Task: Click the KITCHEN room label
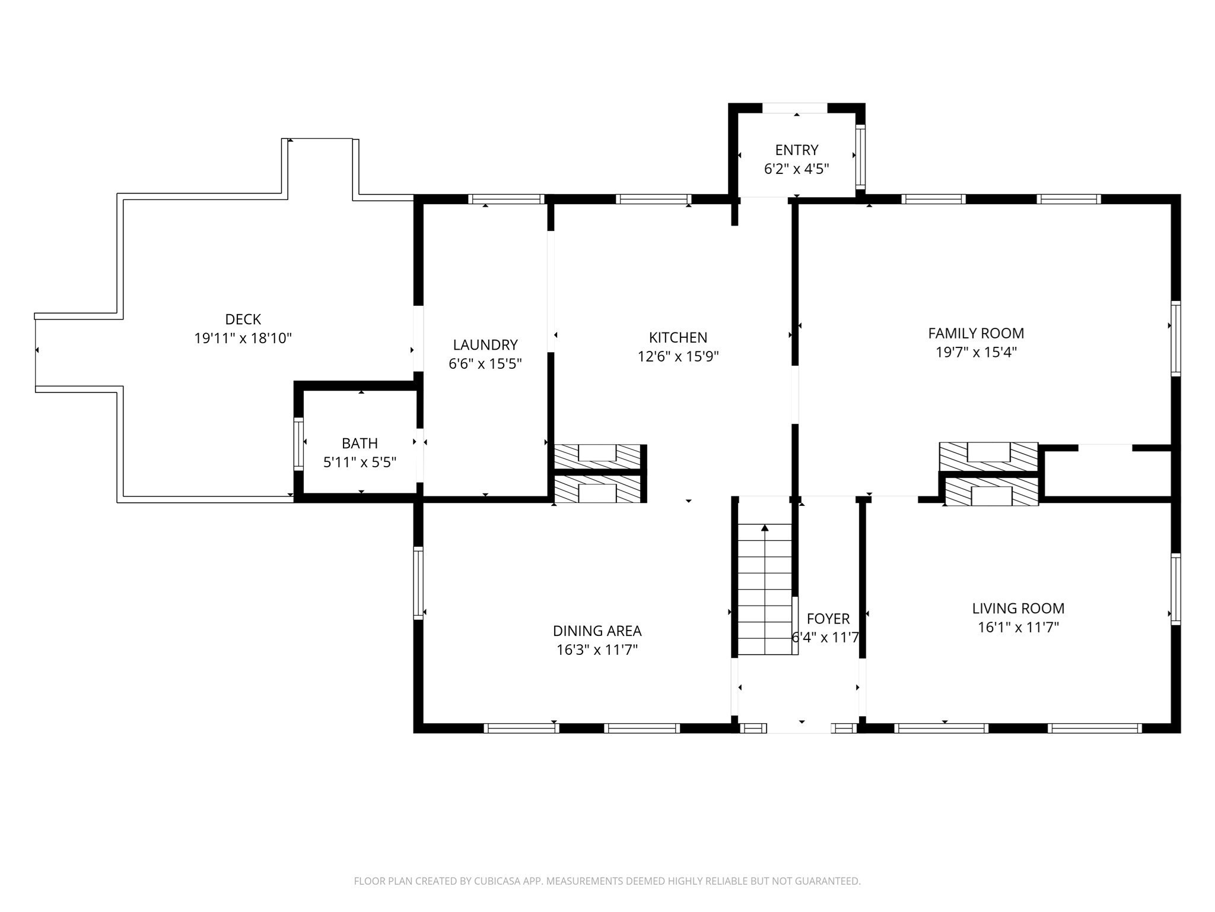pos(678,337)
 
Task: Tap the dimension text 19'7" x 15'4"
pos(976,352)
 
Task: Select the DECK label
pos(243,319)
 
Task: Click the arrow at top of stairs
pos(765,528)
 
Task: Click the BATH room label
pos(360,443)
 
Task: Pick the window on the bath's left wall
pos(298,444)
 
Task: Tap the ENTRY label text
pos(796,150)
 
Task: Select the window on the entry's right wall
pos(860,157)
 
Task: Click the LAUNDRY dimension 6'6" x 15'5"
pos(485,363)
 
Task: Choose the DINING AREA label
pos(597,631)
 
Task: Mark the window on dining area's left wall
pos(418,582)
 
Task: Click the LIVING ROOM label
pos(1018,608)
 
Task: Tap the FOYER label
pos(828,619)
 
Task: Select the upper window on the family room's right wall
pos(1175,338)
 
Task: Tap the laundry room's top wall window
pos(506,199)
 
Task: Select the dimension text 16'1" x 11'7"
pos(1018,627)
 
